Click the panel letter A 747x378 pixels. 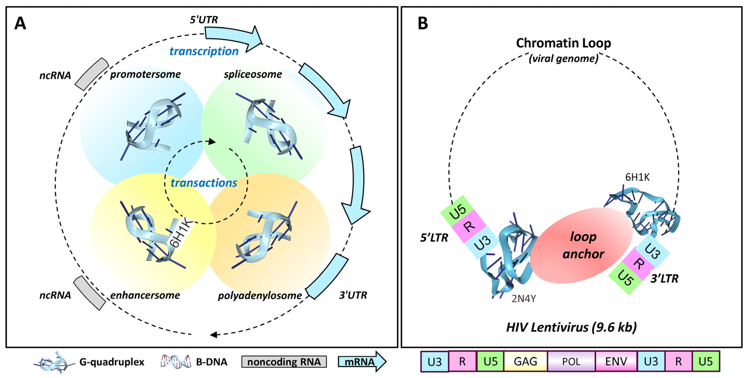(x=20, y=23)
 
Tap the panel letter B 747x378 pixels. (x=423, y=23)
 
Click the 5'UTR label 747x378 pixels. (x=204, y=20)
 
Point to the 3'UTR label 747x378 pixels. (x=353, y=295)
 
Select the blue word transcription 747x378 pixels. (x=204, y=51)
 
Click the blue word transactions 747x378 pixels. (x=204, y=183)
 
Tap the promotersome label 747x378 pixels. (x=145, y=74)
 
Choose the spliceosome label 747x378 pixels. (x=253, y=74)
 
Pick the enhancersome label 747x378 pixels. (x=145, y=295)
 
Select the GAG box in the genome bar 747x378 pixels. (x=525, y=361)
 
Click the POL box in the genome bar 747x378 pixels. (x=571, y=361)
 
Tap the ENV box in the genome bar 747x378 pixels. (x=616, y=361)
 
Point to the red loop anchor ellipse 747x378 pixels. (x=581, y=245)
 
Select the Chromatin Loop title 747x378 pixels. (x=563, y=43)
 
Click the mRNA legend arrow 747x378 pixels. (x=362, y=361)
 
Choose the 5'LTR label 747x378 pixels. (x=434, y=238)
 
